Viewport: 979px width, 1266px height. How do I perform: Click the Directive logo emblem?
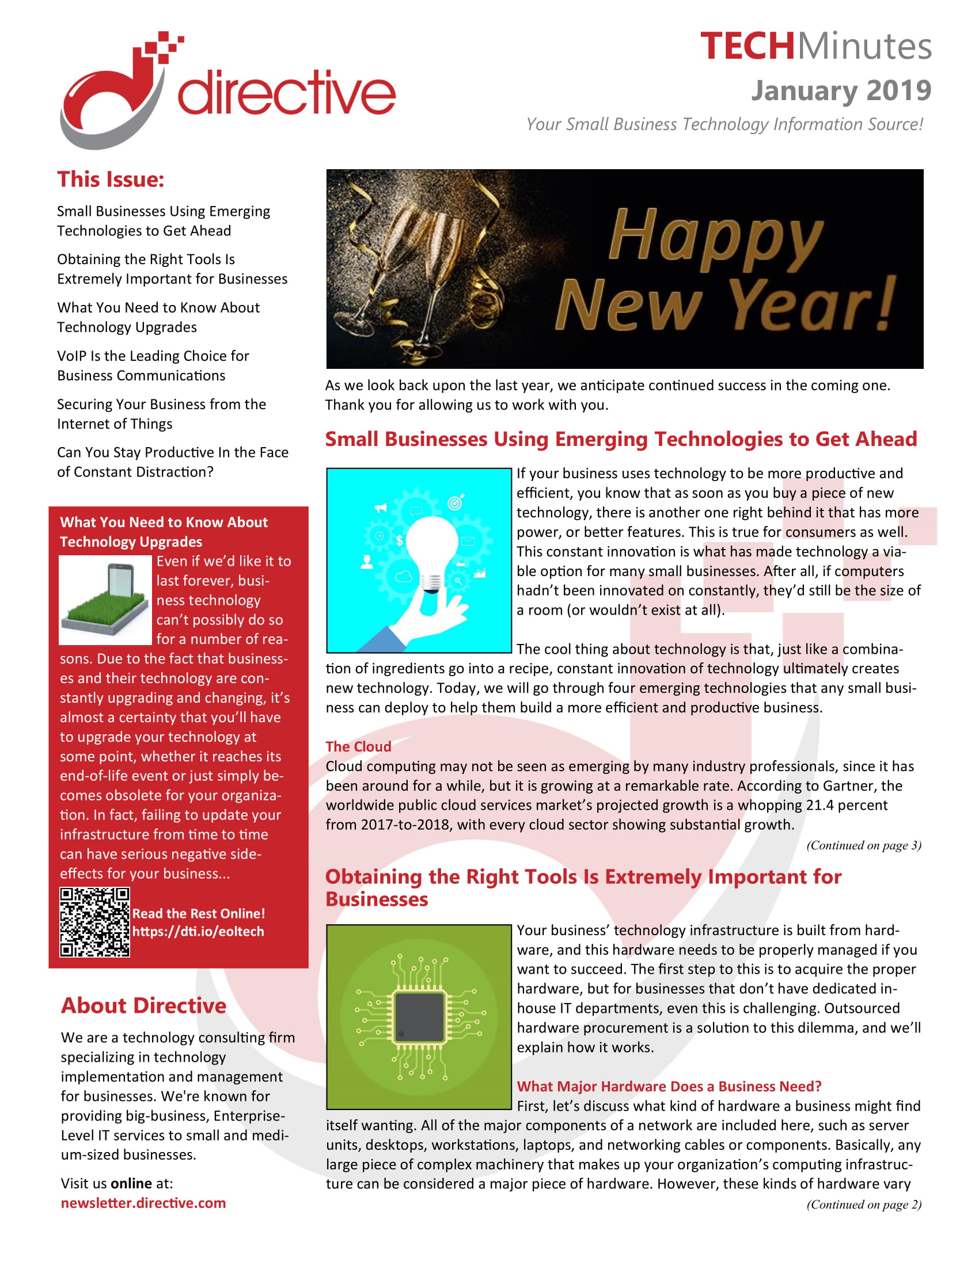(116, 93)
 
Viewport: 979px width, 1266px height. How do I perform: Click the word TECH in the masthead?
(746, 47)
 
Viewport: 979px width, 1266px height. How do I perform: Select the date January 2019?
(841, 90)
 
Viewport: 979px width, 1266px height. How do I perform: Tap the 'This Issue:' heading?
(111, 179)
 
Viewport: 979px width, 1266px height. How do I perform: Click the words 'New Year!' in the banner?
(725, 304)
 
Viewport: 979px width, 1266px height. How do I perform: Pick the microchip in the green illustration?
(419, 1017)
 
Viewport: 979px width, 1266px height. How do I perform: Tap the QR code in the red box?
(94, 922)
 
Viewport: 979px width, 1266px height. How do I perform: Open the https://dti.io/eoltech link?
(198, 931)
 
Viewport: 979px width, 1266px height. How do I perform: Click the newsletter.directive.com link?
(143, 1203)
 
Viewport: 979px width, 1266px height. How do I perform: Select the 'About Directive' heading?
(144, 1006)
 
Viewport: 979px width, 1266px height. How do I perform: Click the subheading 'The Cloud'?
(358, 746)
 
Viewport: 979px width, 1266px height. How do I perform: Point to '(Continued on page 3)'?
(864, 845)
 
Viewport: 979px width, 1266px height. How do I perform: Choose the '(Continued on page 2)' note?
(864, 1204)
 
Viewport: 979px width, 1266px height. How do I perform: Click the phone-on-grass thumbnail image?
(105, 601)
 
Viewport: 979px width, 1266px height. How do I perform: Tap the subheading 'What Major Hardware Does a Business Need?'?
(669, 1086)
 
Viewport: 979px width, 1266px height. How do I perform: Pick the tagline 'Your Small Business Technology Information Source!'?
(724, 124)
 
